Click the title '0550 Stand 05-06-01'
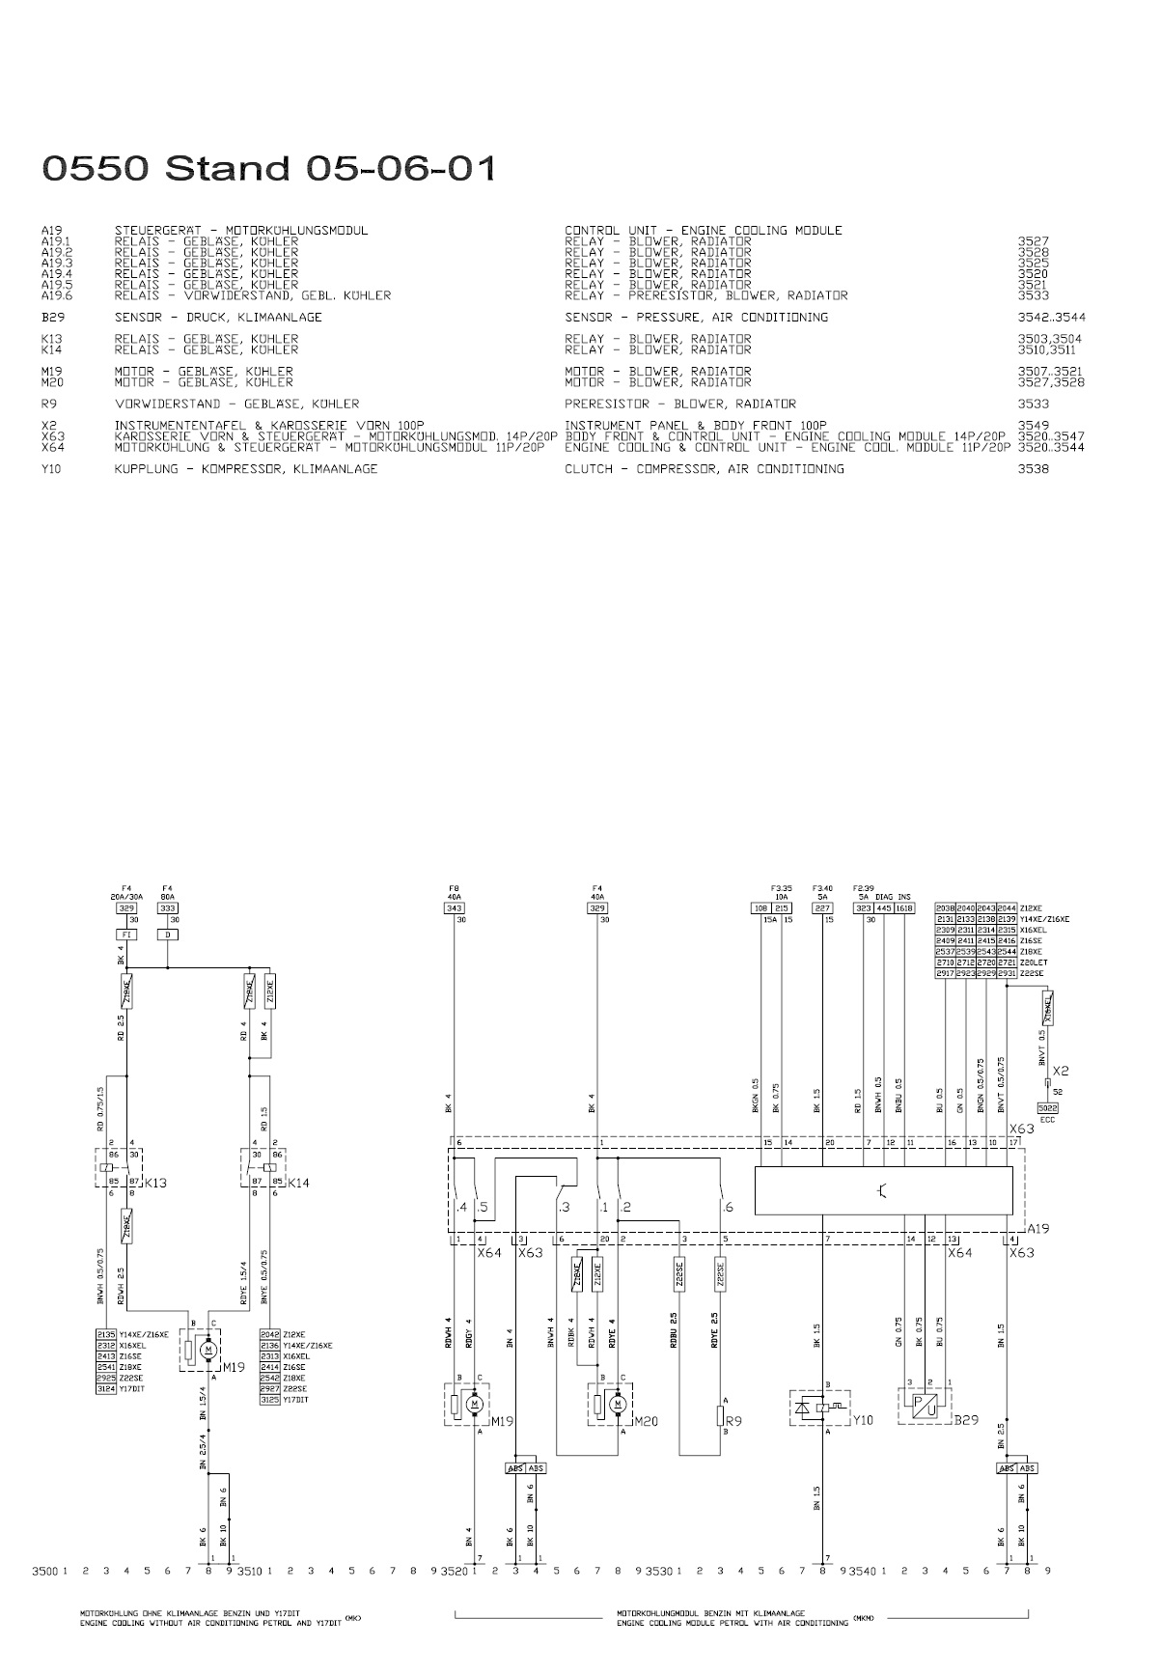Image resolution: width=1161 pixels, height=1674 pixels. [269, 169]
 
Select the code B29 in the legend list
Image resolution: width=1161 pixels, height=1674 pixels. [51, 318]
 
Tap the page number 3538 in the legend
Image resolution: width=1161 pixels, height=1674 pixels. [1034, 469]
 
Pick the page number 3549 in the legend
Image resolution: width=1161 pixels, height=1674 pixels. [1034, 426]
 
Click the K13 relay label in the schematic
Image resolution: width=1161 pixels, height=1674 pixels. [155, 1183]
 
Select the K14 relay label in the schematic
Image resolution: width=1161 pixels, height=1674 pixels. [299, 1183]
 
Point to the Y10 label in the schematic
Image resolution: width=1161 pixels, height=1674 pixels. [863, 1420]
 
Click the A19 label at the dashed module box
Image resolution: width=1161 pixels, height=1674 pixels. [1037, 1229]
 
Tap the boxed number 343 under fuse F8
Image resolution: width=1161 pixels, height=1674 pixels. [454, 908]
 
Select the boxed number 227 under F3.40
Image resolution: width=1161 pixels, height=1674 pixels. [822, 908]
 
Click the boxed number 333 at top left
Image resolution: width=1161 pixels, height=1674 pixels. [167, 908]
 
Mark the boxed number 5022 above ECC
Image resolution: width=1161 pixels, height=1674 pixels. [1047, 1107]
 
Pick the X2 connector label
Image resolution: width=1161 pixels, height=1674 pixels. [1061, 1071]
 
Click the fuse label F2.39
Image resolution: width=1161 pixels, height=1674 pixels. [864, 886]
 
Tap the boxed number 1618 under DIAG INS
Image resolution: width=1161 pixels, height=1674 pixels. [904, 908]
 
